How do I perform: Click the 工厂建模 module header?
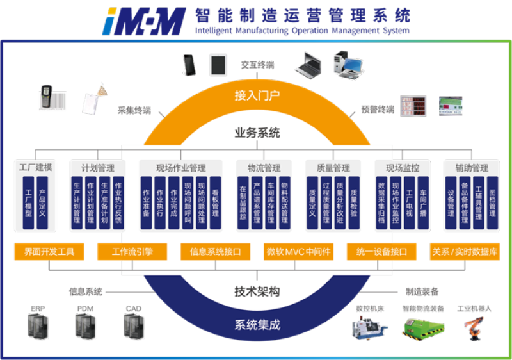pyautogui.click(x=35, y=168)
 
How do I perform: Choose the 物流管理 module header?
pyautogui.click(x=264, y=168)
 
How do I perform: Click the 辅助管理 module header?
pyautogui.click(x=472, y=168)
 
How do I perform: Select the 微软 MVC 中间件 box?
pyautogui.click(x=299, y=252)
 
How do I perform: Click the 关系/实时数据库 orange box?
pyautogui.click(x=465, y=252)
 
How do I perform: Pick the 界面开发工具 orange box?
pyautogui.click(x=49, y=252)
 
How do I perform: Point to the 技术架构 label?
pyautogui.click(x=257, y=292)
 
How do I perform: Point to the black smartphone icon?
pyautogui.click(x=189, y=64)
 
